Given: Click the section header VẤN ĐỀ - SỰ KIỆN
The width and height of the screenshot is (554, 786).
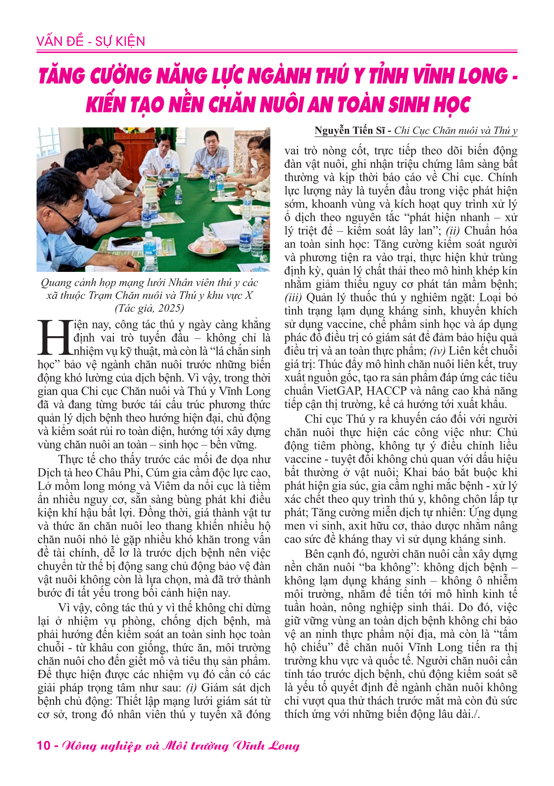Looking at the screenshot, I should point(91,42).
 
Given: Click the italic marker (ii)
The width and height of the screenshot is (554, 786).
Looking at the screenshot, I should point(453,231).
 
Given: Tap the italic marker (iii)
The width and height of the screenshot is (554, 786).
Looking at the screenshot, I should point(293,297).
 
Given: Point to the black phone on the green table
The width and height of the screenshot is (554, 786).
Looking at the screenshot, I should point(122,241).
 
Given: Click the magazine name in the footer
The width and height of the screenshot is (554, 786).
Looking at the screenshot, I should point(181,746).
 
